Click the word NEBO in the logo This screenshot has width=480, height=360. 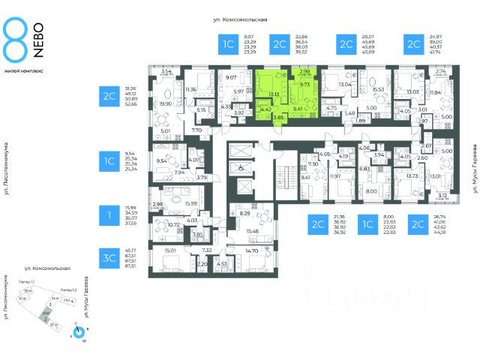point(34,37)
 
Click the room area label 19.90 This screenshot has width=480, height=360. point(165,104)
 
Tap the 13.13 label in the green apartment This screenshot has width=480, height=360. point(274,94)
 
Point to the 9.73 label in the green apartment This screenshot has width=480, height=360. point(305,85)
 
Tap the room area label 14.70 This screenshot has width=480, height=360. point(251,251)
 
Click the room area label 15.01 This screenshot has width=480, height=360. point(169,251)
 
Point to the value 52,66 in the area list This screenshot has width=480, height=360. point(133,103)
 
